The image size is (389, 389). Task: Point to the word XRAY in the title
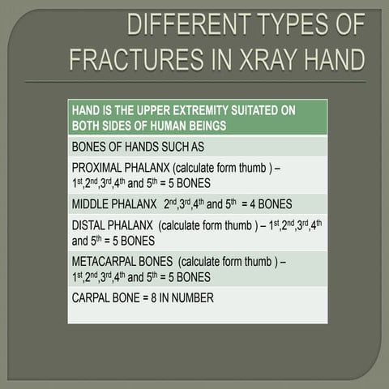click(269, 59)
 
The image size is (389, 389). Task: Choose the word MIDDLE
click(92, 203)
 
